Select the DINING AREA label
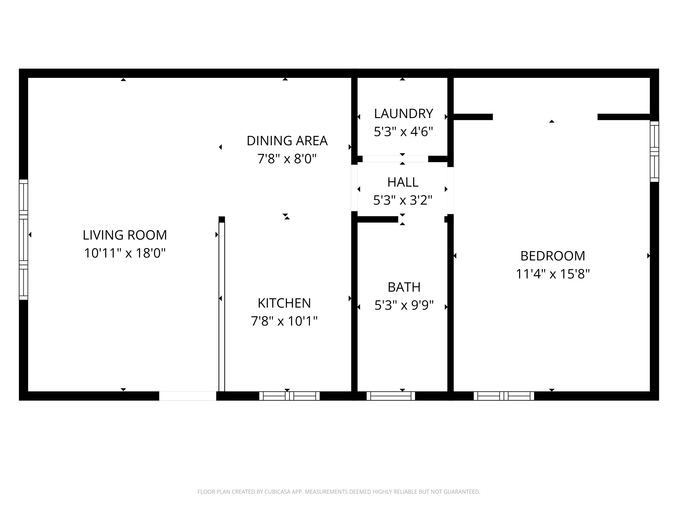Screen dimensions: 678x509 pyautogui.click(x=287, y=141)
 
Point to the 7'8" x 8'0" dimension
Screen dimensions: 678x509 pyautogui.click(x=287, y=159)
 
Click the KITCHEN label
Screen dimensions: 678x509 pyautogui.click(x=284, y=303)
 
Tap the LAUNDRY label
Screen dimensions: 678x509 pyautogui.click(x=403, y=114)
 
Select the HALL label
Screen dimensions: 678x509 pyautogui.click(x=403, y=182)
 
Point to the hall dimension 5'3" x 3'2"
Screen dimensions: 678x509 pyautogui.click(x=403, y=200)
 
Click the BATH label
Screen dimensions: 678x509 pyautogui.click(x=404, y=287)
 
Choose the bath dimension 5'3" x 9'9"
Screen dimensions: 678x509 pyautogui.click(x=404, y=305)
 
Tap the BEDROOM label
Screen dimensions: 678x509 pyautogui.click(x=553, y=256)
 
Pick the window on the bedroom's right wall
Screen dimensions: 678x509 pyautogui.click(x=654, y=152)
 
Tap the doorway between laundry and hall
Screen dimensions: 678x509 pyautogui.click(x=395, y=159)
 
